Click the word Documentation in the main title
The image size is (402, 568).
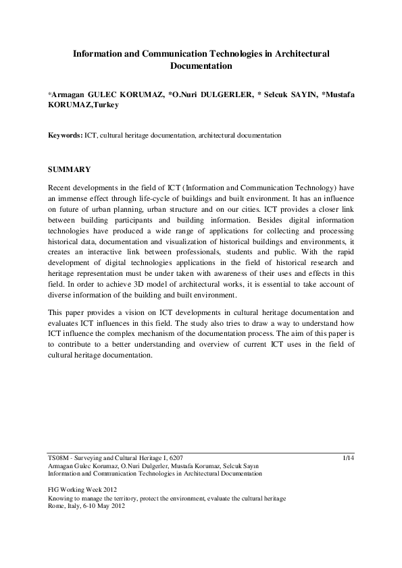[201, 66]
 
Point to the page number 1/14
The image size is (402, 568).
[349, 457]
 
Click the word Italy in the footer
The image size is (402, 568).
[78, 505]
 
